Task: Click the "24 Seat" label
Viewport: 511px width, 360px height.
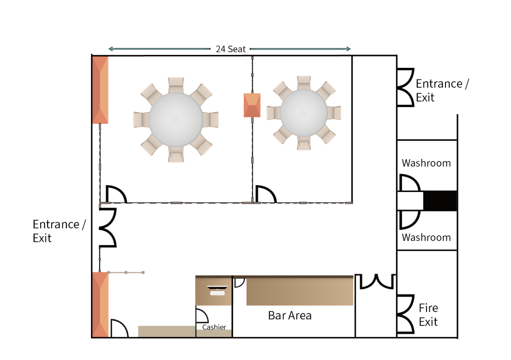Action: coord(230,49)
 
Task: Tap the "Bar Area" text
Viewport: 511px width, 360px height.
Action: coord(290,315)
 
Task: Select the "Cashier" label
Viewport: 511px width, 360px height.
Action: coord(214,327)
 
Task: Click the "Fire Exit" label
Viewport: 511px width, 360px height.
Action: coord(428,315)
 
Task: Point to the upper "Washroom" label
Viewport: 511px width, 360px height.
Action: coord(426,163)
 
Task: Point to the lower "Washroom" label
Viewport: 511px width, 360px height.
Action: coord(426,237)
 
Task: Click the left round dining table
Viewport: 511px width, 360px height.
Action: coord(176,120)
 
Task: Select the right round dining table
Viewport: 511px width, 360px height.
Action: coord(304,113)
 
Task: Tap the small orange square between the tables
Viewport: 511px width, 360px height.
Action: coord(252,105)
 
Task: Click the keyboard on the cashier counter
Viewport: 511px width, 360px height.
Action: coord(217,293)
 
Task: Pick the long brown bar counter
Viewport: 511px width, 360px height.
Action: coord(300,291)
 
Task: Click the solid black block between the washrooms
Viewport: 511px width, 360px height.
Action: coord(440,200)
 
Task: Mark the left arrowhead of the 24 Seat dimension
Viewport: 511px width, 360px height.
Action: coord(111,49)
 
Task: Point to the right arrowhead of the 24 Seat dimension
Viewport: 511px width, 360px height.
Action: coord(349,49)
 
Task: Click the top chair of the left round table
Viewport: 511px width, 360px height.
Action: coord(176,85)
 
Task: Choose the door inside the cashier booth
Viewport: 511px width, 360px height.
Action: coord(202,315)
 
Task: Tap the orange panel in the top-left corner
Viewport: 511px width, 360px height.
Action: coord(100,90)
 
